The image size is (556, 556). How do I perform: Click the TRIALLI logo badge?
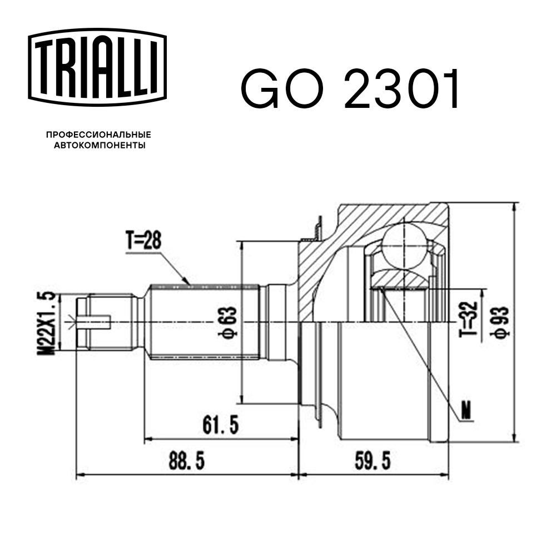click(98, 65)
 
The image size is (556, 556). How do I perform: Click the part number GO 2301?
click(350, 90)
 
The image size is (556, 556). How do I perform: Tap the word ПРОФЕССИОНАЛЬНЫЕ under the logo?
click(99, 135)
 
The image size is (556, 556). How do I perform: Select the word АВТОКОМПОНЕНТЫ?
click(99, 146)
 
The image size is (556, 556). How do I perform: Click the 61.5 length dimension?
click(220, 425)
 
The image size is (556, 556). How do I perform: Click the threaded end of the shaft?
click(106, 322)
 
